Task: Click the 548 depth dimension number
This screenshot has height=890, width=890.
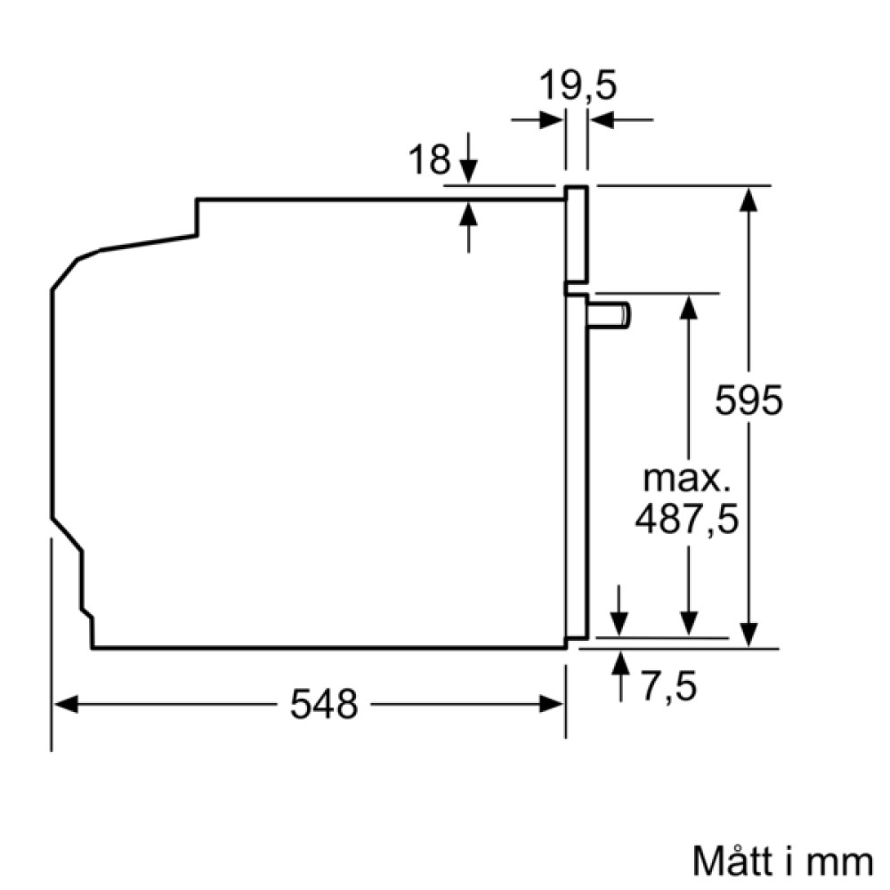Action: coord(323,705)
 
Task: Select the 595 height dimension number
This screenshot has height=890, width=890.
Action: coord(749,400)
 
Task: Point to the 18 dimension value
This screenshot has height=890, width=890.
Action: coord(429,160)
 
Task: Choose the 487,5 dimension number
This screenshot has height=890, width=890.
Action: coord(687,521)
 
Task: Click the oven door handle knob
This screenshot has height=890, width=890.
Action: coord(611,314)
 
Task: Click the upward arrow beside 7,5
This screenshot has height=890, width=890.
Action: coord(619,662)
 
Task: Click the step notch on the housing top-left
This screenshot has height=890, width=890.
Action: coord(197,219)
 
